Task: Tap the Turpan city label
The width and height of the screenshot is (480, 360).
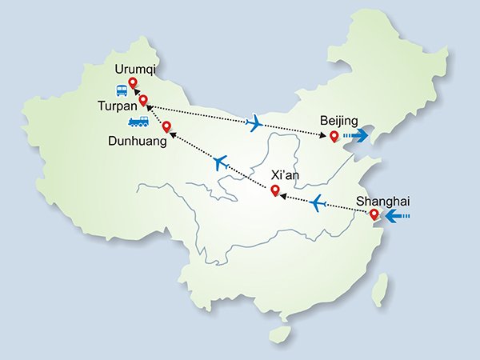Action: click(x=118, y=104)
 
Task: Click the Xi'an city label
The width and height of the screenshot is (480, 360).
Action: click(x=286, y=174)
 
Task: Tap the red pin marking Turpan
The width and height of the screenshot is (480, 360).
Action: click(x=143, y=101)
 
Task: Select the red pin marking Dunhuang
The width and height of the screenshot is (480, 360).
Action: click(x=166, y=126)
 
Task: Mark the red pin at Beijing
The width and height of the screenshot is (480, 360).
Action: click(x=334, y=136)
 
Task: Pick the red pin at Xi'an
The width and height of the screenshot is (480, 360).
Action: click(x=274, y=190)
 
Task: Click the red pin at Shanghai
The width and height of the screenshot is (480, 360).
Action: click(x=374, y=214)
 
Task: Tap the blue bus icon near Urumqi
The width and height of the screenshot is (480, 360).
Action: click(x=121, y=90)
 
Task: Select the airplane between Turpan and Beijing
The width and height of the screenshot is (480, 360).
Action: click(x=255, y=123)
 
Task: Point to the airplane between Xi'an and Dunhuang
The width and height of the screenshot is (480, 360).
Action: click(x=222, y=162)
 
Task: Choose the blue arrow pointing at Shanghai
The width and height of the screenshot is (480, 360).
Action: click(x=397, y=216)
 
